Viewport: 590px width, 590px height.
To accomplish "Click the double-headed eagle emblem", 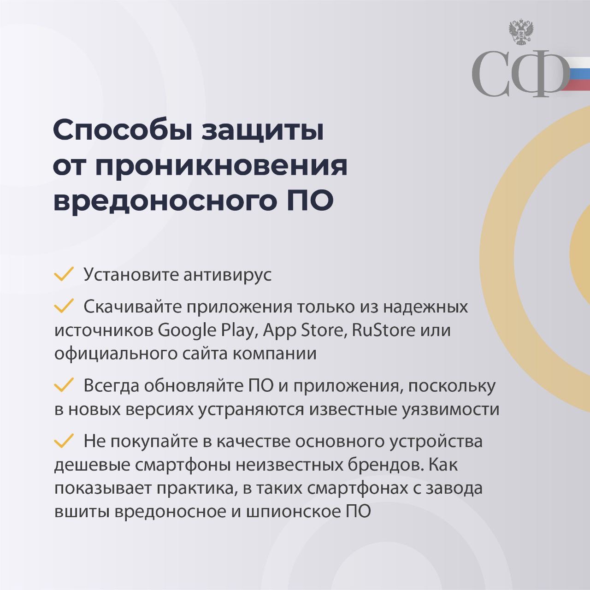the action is (521, 33).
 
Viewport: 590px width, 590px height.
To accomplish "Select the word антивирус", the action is (227, 275).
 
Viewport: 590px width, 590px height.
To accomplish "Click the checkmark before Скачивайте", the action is (64, 306).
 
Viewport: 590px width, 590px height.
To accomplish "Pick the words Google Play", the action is (206, 330).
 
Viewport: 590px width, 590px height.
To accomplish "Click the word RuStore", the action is (383, 330).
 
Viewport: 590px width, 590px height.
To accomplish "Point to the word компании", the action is (275, 354).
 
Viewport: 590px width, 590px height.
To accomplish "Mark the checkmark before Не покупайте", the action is (64, 441).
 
